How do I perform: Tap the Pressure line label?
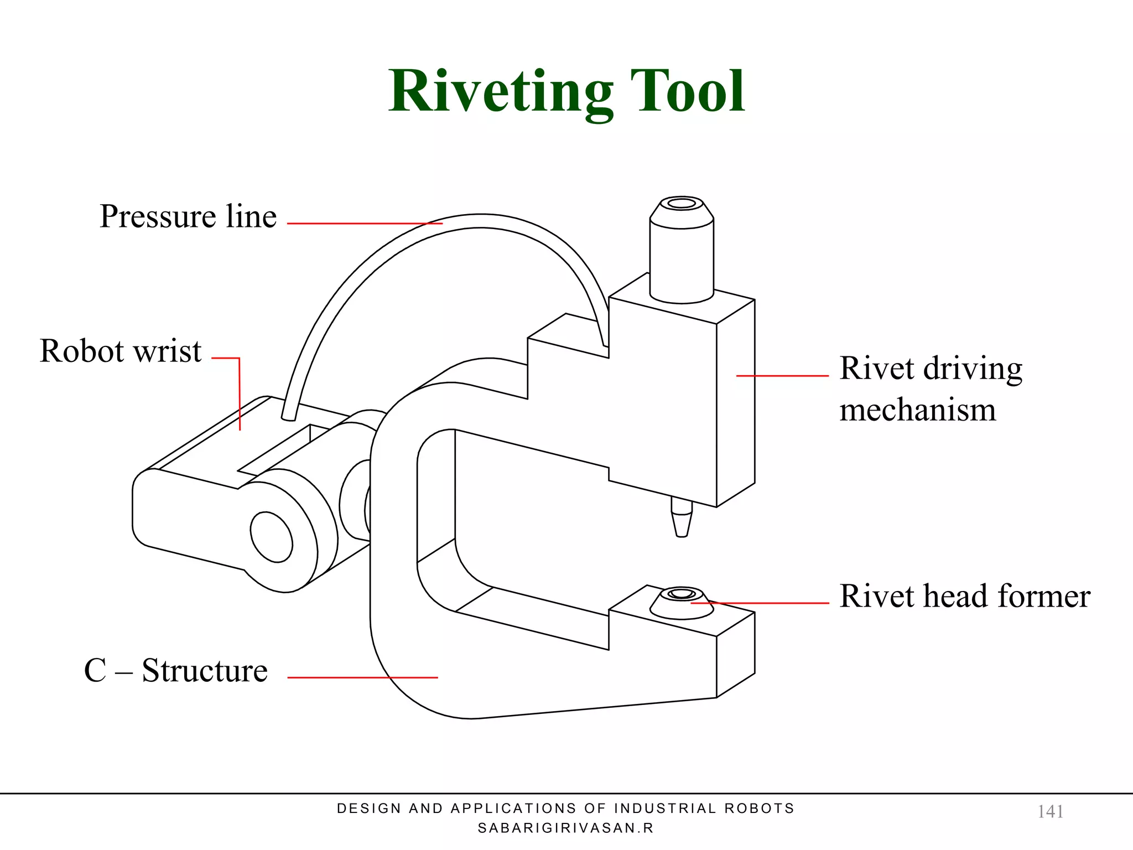click(x=188, y=216)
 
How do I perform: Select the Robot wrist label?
click(x=121, y=351)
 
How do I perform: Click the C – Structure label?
click(x=176, y=671)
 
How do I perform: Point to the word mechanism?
click(x=917, y=410)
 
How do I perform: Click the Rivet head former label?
click(x=964, y=597)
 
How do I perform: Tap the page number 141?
click(x=1050, y=811)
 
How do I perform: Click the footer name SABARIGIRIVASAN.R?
click(x=565, y=828)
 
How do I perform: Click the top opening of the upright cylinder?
click(x=682, y=204)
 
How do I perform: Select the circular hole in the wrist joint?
click(x=271, y=537)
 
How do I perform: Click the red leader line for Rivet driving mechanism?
click(x=783, y=376)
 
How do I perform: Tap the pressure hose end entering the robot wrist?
click(x=288, y=416)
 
